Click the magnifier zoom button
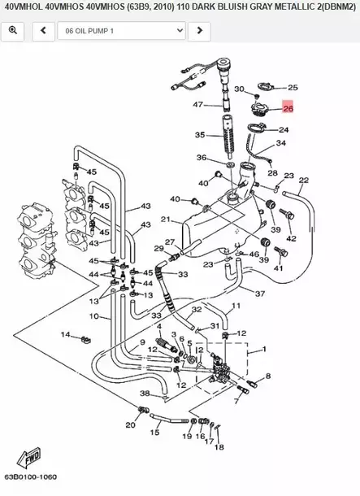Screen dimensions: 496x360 [x=14, y=32]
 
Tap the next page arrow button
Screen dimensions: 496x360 [x=199, y=32]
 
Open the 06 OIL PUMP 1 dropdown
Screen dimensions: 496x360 [x=120, y=32]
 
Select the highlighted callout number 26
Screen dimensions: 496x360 [x=288, y=107]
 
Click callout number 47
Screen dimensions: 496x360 [x=197, y=105]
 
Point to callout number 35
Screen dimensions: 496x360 [x=199, y=135]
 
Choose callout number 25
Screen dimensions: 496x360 [x=293, y=87]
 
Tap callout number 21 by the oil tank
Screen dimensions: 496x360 [x=165, y=220]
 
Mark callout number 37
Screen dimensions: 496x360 [x=259, y=294]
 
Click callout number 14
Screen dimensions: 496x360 [x=65, y=334]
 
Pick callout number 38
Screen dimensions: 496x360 [x=144, y=394]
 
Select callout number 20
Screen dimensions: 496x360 [x=129, y=425]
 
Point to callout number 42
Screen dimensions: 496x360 [x=291, y=238]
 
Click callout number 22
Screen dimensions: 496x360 [x=303, y=181]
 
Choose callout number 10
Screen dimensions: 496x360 [x=93, y=316]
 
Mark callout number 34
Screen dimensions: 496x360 [x=281, y=143]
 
